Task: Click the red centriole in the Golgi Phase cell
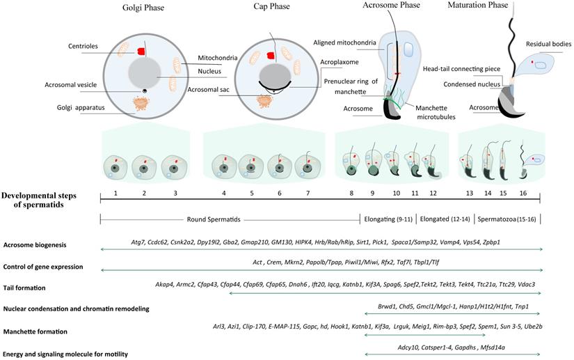(141, 51)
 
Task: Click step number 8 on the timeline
(351, 191)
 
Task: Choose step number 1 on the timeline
(116, 191)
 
